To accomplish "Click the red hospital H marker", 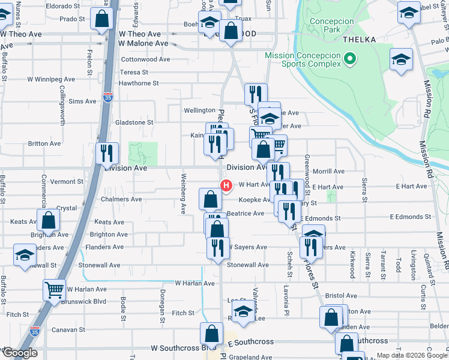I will [x=226, y=186].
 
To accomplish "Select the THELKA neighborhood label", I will [x=359, y=40].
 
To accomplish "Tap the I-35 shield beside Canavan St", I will [x=34, y=330].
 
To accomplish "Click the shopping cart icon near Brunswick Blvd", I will [x=54, y=290].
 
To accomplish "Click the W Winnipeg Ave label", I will [x=51, y=79].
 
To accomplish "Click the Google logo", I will [x=19, y=353].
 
